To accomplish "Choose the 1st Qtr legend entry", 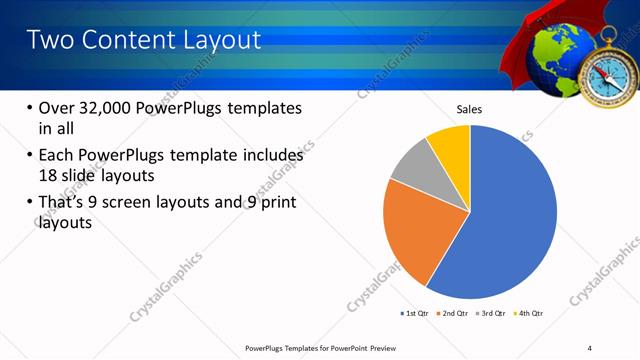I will click(x=416, y=314).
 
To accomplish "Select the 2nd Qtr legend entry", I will click(x=454, y=314).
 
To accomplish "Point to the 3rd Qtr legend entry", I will click(x=491, y=314).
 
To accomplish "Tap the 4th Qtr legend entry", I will click(x=529, y=314).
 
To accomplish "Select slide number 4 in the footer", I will click(x=590, y=347).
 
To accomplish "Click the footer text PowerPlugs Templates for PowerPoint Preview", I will click(x=321, y=347).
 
